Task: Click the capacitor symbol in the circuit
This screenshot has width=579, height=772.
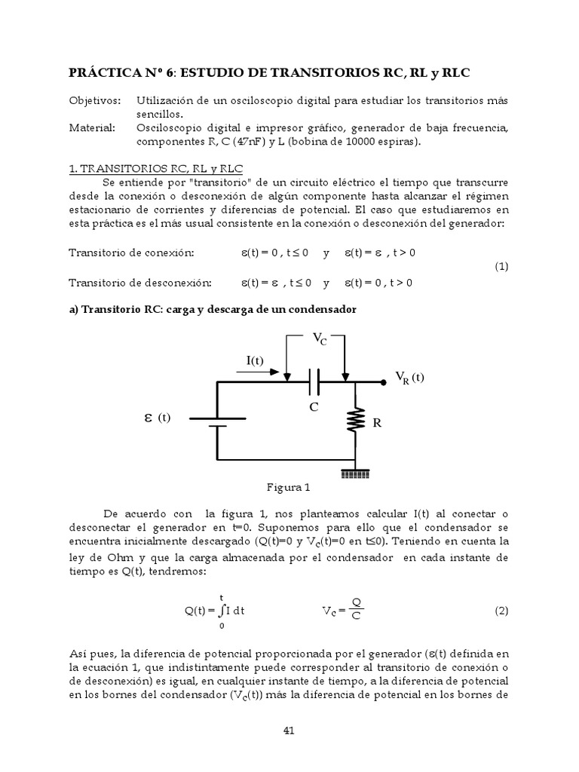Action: click(x=315, y=382)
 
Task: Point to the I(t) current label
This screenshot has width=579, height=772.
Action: click(x=255, y=360)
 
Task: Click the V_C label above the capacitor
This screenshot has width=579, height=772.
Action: click(x=320, y=340)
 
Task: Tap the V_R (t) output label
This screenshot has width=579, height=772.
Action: click(x=410, y=378)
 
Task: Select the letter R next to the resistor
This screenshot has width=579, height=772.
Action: click(x=377, y=424)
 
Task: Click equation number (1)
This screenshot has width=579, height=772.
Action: click(x=502, y=267)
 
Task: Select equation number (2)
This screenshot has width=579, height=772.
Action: click(x=502, y=611)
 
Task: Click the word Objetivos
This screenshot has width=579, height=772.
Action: click(x=94, y=100)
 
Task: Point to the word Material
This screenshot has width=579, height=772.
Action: click(x=92, y=128)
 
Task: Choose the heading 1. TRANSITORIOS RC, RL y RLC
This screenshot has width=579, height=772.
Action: click(x=156, y=168)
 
